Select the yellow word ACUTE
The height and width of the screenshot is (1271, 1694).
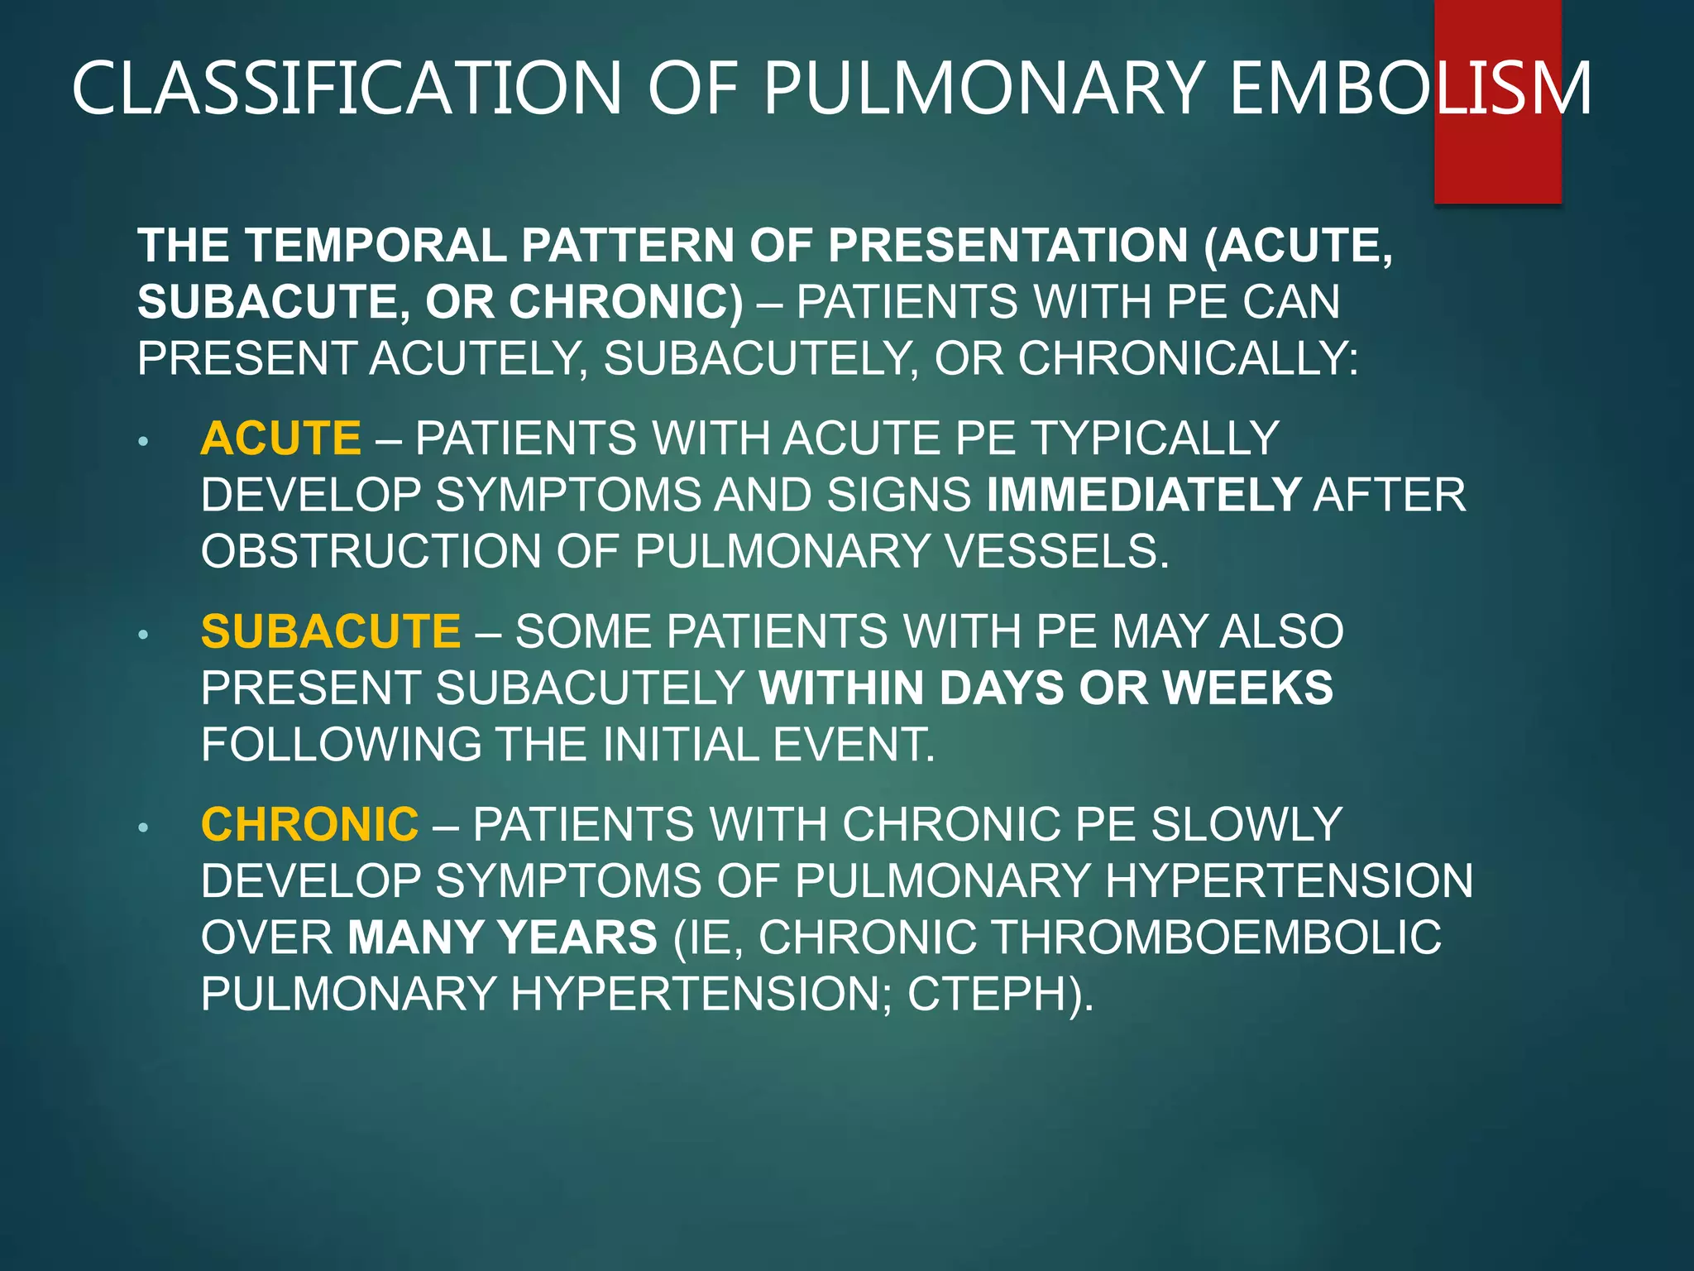click(280, 438)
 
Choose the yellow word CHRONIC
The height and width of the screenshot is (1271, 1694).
click(309, 824)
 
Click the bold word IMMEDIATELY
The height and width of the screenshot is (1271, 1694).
click(1144, 495)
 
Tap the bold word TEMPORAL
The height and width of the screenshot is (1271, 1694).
click(376, 246)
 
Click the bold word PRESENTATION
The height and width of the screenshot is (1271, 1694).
click(1008, 246)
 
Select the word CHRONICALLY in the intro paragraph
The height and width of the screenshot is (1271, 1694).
click(1187, 358)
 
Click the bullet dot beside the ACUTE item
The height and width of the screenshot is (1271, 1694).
click(143, 442)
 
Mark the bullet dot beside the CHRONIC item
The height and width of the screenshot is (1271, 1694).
click(143, 827)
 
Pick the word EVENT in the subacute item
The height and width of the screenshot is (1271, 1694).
click(853, 745)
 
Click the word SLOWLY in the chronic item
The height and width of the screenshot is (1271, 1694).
click(1247, 824)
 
